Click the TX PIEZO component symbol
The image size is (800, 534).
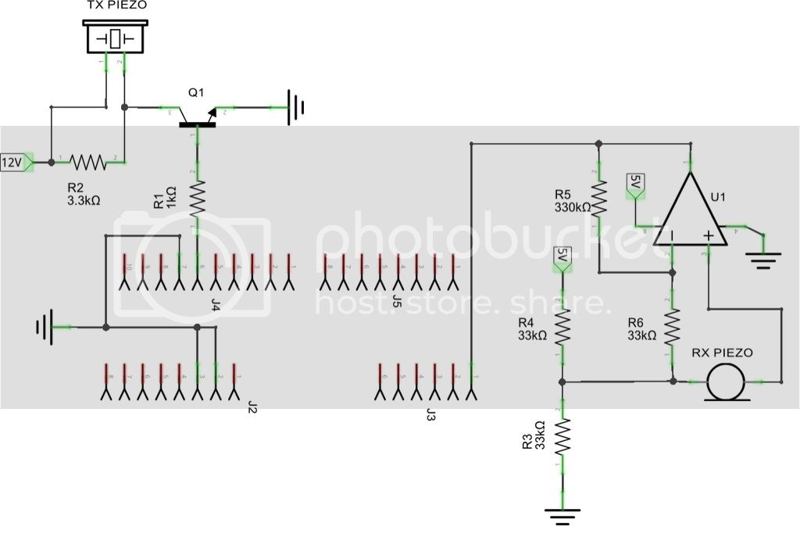point(116,38)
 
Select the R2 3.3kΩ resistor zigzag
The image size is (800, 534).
point(87,162)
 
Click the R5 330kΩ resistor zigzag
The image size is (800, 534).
point(598,199)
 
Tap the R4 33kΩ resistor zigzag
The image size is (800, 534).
point(562,325)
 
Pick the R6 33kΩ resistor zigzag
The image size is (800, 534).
point(673,328)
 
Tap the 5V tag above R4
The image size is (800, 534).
point(560,258)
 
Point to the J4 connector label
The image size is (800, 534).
point(215,304)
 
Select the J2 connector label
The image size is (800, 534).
point(252,406)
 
